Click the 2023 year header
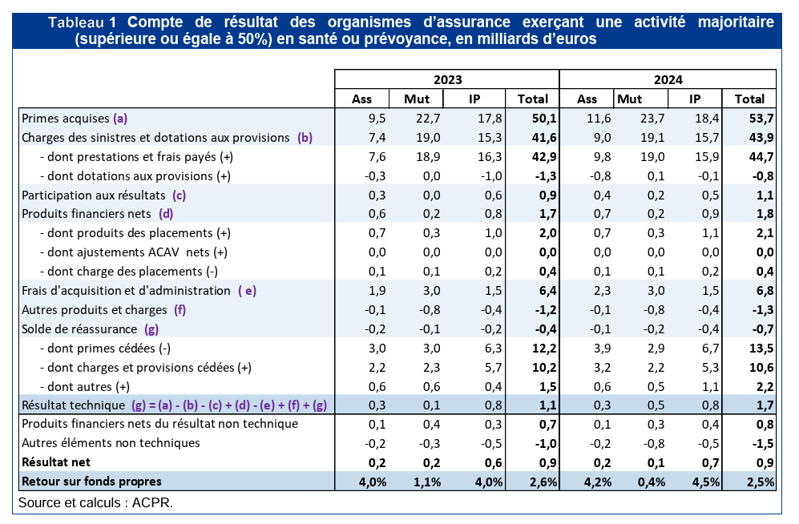447,79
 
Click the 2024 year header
668,79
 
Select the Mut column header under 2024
629,99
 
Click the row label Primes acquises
66,118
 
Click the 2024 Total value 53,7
759,118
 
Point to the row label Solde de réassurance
81,329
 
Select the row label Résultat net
56,462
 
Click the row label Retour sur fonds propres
92,481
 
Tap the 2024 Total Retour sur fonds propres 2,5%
759,482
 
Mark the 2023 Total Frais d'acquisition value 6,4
539,290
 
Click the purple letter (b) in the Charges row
305,137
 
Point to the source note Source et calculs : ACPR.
95,502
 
